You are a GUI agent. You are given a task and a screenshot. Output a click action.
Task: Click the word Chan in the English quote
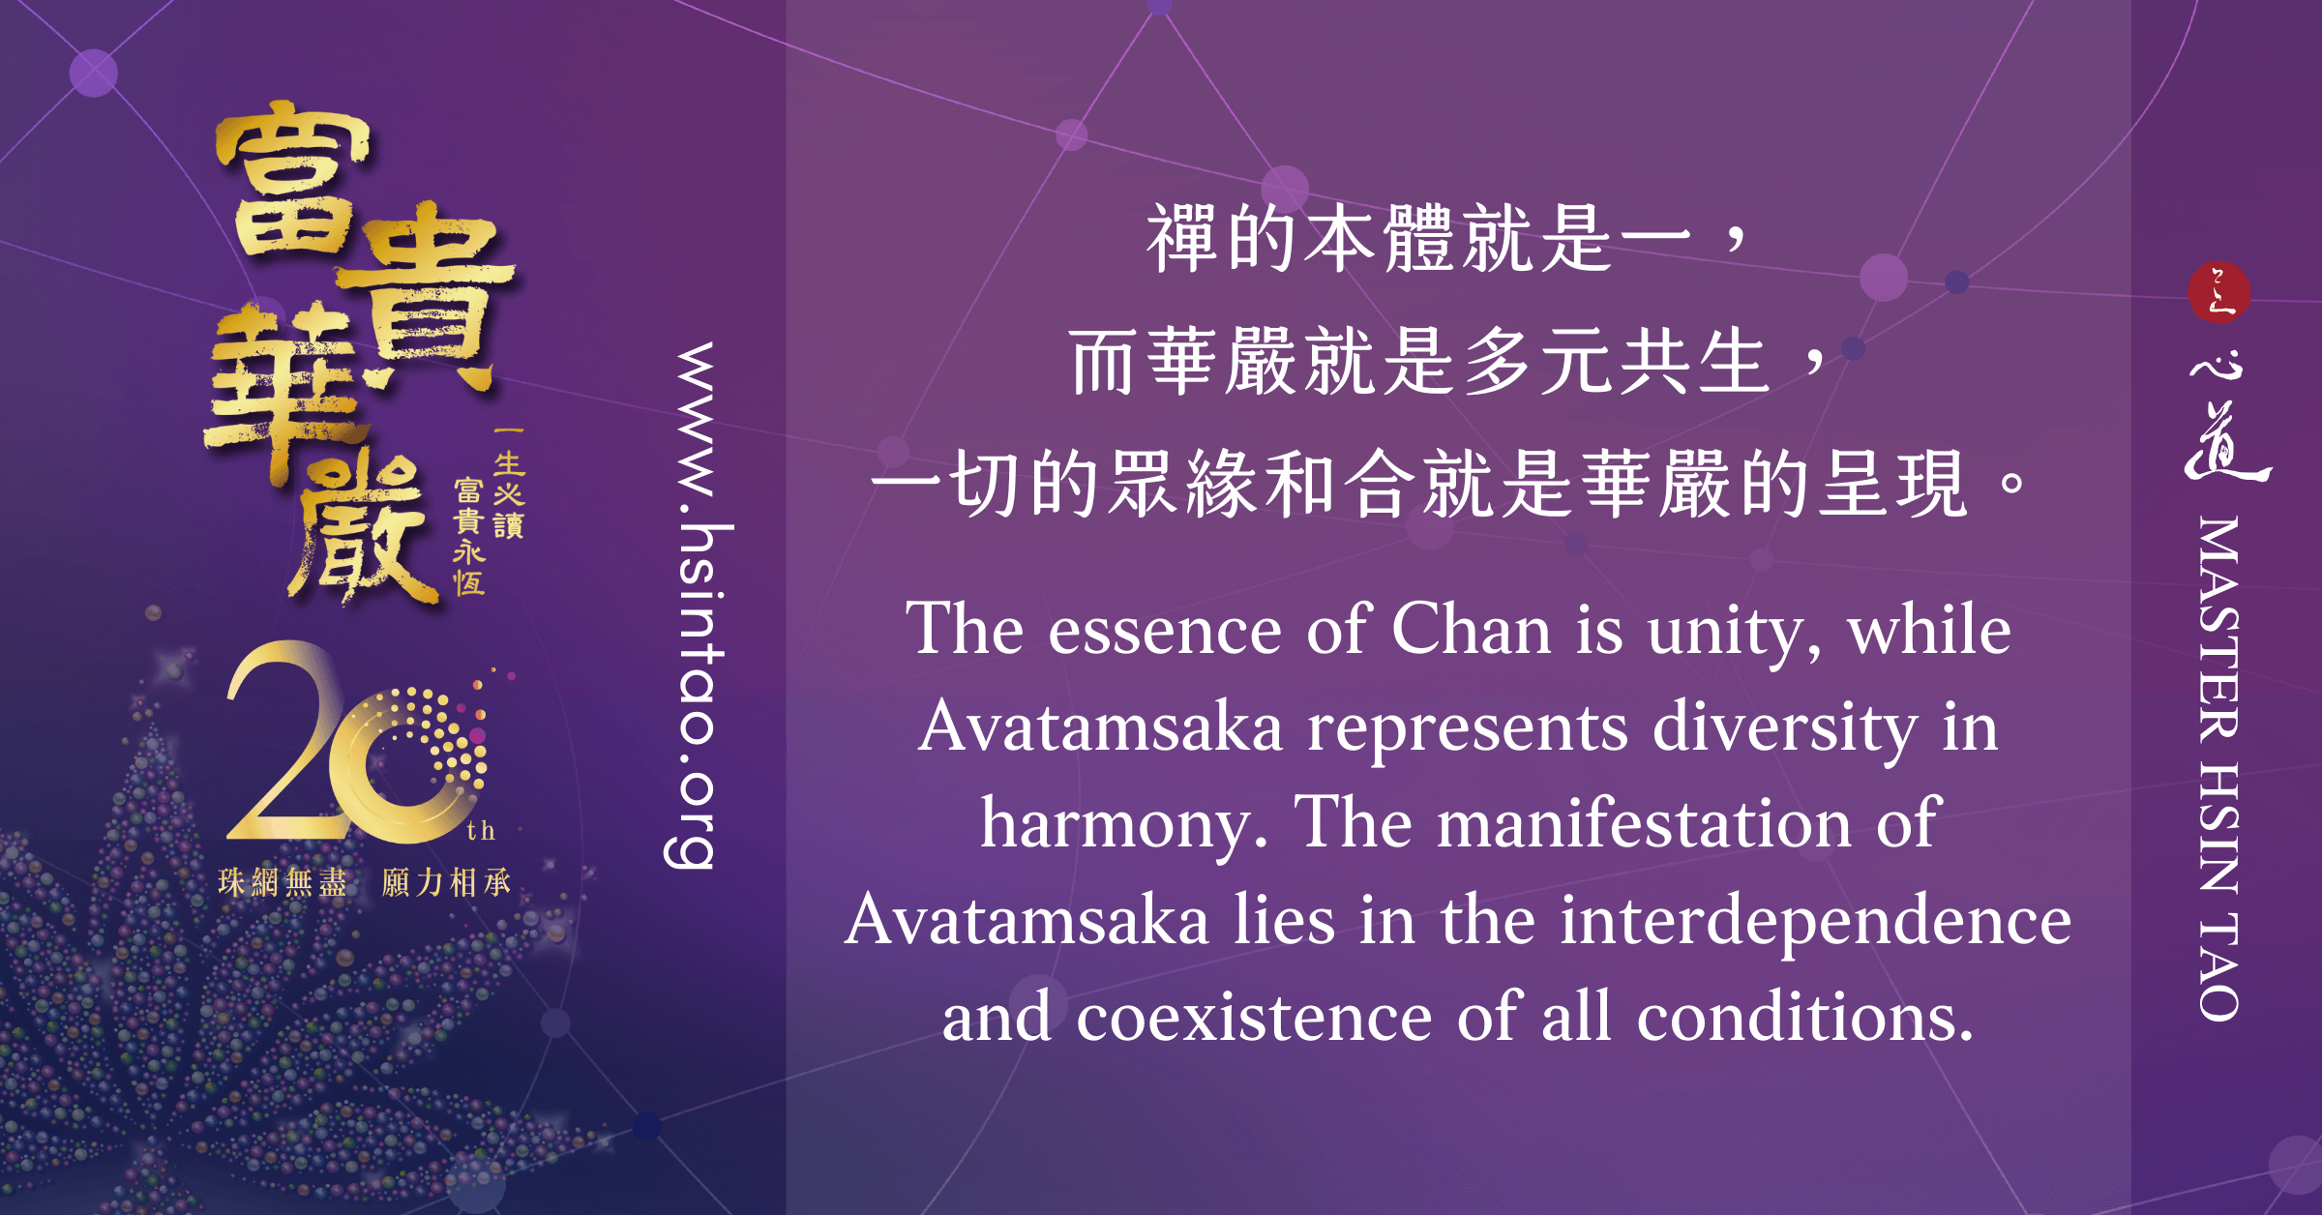coord(1472,630)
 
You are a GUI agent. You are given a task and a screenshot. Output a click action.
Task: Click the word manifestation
coord(1644,823)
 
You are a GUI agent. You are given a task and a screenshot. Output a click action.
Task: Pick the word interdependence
coord(1816,920)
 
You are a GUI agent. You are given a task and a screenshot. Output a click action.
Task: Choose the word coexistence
coord(1254,1018)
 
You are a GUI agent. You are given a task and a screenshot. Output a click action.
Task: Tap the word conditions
coord(1805,1017)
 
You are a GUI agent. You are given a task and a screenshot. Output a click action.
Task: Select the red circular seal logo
coord(2218,291)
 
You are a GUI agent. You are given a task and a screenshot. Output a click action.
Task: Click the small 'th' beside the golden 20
coord(481,830)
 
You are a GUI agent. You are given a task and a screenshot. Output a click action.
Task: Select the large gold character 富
coord(291,184)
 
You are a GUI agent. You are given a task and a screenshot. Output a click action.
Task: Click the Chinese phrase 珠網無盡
coord(283,882)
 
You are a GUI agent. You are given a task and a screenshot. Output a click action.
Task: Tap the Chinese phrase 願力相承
coord(446,882)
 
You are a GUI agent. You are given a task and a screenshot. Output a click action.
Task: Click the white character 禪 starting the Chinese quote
coord(1181,238)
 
